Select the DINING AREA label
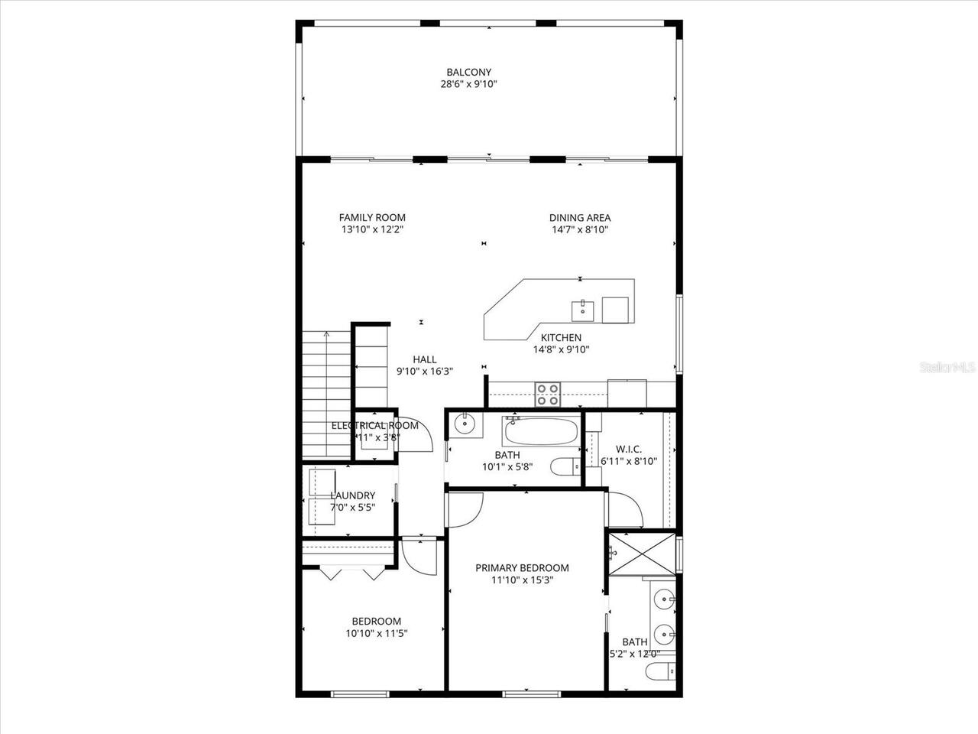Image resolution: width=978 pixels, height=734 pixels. [579, 217]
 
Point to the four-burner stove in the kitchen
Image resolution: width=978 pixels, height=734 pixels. [547, 394]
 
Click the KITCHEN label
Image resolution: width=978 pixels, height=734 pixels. [561, 337]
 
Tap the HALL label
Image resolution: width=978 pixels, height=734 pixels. [425, 359]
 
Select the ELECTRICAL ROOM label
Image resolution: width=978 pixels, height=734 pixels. [374, 426]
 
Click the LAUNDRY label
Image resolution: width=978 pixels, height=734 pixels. [352, 495]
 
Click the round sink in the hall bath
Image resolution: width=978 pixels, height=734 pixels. [464, 423]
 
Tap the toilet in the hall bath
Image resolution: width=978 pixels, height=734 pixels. [567, 466]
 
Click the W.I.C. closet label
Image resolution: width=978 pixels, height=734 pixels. [628, 449]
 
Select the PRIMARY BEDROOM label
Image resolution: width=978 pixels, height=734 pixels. [522, 567]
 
